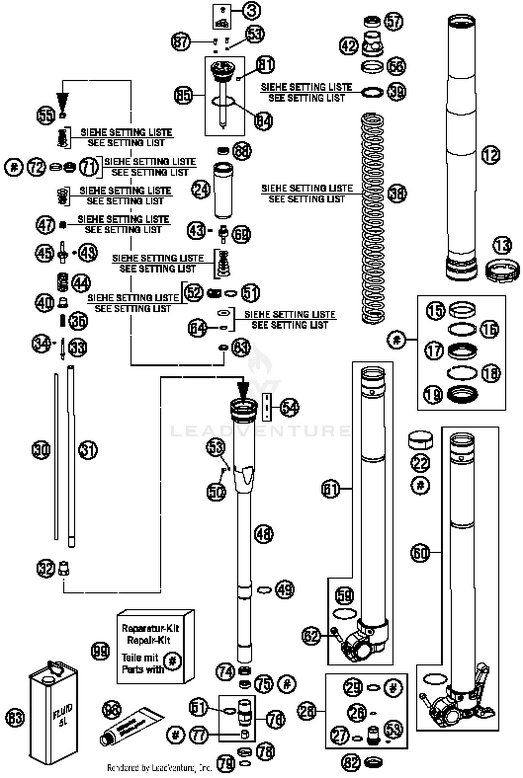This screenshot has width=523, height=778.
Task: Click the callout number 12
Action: click(x=491, y=155)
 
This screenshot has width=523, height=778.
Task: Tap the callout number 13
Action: click(x=502, y=246)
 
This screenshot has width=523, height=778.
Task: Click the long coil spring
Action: click(x=373, y=218)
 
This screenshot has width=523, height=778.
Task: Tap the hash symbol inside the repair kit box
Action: click(x=172, y=660)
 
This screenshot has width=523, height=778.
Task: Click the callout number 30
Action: click(x=41, y=450)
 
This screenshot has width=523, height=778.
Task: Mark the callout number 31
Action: click(x=88, y=450)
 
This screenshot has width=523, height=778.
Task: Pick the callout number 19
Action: click(x=433, y=395)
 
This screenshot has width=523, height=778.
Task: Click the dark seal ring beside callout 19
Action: click(x=462, y=395)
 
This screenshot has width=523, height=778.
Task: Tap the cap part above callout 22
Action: click(x=420, y=441)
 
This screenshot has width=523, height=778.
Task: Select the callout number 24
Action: click(x=201, y=190)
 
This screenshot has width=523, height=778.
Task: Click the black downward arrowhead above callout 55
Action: click(x=63, y=101)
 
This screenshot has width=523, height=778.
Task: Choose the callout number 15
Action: click(x=436, y=310)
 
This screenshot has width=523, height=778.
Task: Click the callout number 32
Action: click(x=46, y=568)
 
